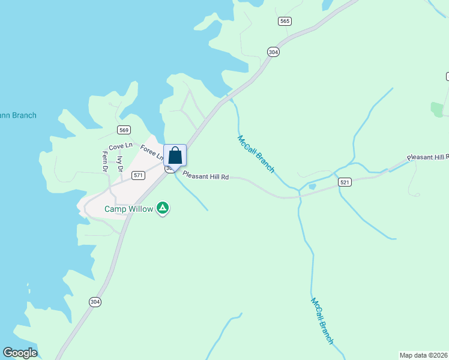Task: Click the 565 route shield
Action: (285, 21)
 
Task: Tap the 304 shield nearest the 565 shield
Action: (274, 52)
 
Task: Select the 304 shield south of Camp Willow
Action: (95, 301)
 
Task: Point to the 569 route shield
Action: (124, 130)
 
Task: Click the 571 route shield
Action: (139, 175)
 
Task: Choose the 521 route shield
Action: (344, 182)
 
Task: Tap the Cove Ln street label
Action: (120, 147)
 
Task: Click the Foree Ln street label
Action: (152, 152)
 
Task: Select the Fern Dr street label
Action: (105, 161)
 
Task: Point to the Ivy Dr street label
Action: (120, 164)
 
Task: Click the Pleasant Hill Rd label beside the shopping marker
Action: (206, 176)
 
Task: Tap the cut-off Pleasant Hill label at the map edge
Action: (427, 157)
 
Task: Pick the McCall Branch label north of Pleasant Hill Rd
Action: (256, 154)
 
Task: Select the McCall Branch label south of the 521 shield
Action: (322, 320)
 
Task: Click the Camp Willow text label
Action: (128, 209)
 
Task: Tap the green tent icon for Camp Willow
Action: (162, 208)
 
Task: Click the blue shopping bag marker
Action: (175, 155)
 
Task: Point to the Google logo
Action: (20, 353)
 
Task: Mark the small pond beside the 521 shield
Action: (312, 187)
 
